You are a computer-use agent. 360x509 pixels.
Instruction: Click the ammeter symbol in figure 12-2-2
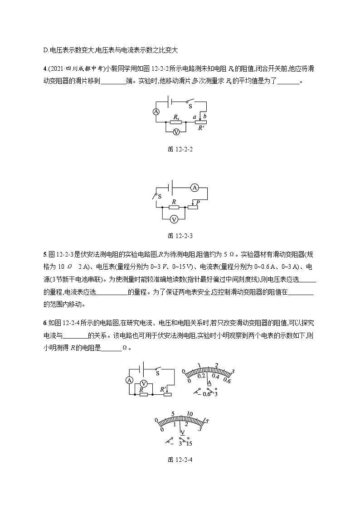pos(156,111)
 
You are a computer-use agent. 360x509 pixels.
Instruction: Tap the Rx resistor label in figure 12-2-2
pos(176,117)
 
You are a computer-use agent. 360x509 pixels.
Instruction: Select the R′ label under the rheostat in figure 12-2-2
pos(201,128)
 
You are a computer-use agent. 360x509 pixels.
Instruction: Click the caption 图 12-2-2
pos(180,149)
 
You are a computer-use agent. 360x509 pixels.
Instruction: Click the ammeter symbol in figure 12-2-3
pos(194,187)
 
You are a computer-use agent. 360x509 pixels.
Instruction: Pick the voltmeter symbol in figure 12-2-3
pos(173,219)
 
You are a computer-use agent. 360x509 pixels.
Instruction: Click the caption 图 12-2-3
pos(180,236)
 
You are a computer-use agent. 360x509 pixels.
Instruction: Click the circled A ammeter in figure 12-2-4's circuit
pos(129,380)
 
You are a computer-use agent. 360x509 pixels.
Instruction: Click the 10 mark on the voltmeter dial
pos(190,414)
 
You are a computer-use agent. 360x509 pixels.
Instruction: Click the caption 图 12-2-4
pos(180,460)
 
